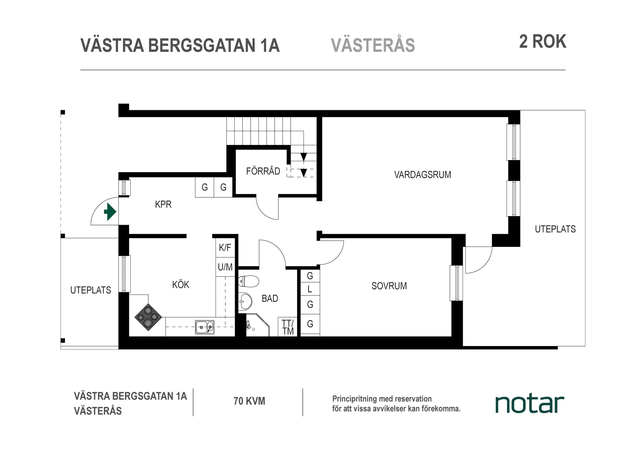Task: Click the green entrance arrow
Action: [x=110, y=213]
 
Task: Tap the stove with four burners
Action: [x=148, y=317]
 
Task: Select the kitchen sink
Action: [x=205, y=327]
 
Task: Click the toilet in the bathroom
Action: [x=249, y=281]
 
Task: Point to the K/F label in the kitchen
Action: [x=225, y=248]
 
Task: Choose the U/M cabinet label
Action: [x=225, y=267]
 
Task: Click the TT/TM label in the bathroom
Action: [x=288, y=327]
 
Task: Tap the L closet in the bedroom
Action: [x=310, y=289]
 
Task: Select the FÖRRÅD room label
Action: [x=263, y=171]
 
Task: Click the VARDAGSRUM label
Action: [x=423, y=175]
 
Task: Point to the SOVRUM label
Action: [x=389, y=286]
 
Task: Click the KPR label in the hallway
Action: [x=163, y=204]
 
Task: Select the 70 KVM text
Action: [x=249, y=401]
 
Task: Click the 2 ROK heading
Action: [x=542, y=42]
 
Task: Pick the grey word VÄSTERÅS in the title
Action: [x=373, y=46]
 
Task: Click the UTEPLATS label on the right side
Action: [x=555, y=229]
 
